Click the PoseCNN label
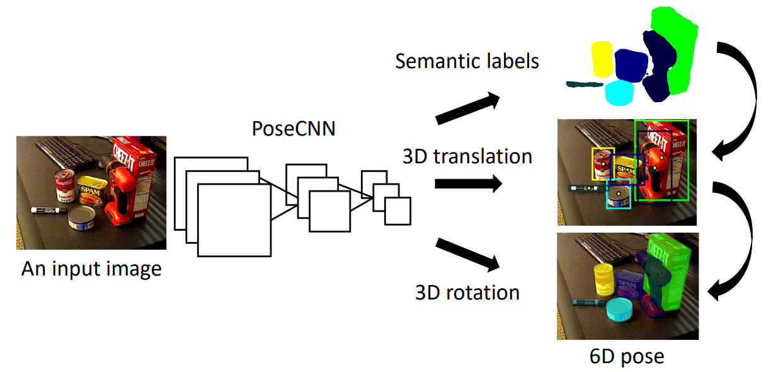click(294, 129)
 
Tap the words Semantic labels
click(467, 61)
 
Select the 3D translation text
click(467, 156)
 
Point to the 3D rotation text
click(467, 293)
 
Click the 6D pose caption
click(627, 357)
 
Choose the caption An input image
click(91, 269)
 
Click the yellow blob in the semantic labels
click(602, 59)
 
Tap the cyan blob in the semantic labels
click(619, 93)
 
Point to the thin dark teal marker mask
click(585, 84)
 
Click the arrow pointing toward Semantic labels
click(468, 108)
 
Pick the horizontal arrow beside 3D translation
click(469, 183)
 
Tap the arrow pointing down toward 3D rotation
click(468, 255)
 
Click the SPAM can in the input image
click(90, 191)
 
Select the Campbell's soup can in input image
click(65, 185)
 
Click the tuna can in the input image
click(81, 218)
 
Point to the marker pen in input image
click(49, 210)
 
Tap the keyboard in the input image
click(66, 153)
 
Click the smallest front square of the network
click(397, 211)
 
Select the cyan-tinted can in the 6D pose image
click(619, 310)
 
